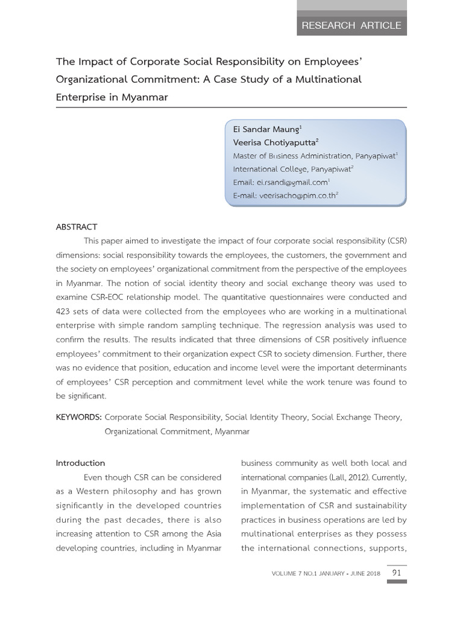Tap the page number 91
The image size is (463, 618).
tap(397, 573)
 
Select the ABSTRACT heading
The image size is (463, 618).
tap(77, 227)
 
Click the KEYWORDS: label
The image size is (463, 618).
tap(78, 417)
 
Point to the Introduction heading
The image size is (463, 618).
tap(80, 463)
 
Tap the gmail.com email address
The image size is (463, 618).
tap(292, 182)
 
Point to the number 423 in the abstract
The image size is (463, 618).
tap(65, 311)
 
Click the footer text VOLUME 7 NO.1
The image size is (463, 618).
tap(297, 573)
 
